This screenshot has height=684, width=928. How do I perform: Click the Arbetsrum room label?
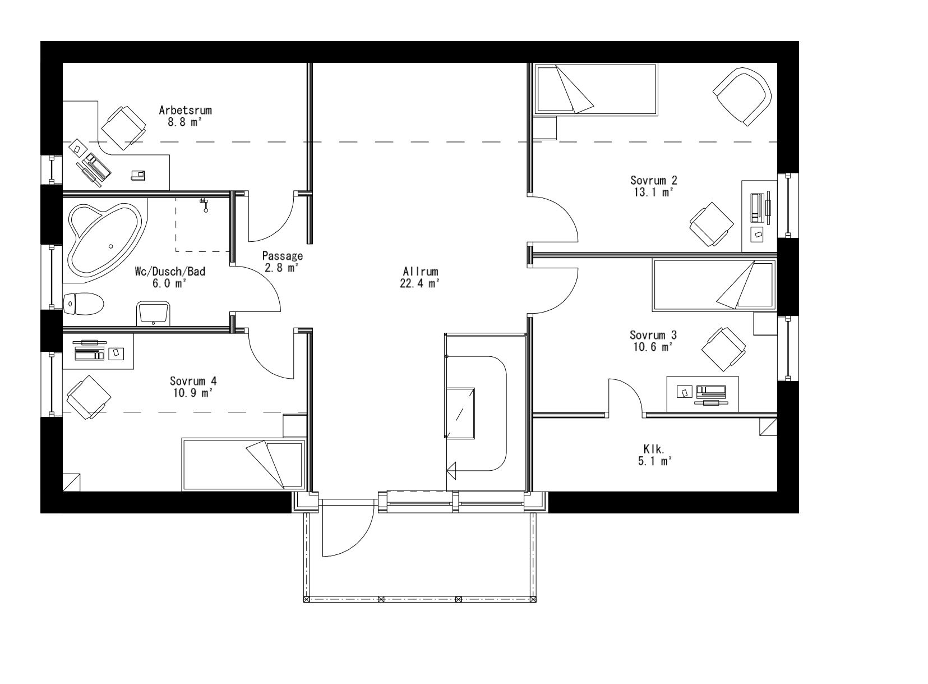pyautogui.click(x=185, y=110)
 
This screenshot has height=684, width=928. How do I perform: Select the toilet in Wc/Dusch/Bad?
pyautogui.click(x=84, y=305)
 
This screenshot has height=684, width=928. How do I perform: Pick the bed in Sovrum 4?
pyautogui.click(x=243, y=463)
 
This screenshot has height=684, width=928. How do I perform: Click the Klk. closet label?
pyautogui.click(x=654, y=449)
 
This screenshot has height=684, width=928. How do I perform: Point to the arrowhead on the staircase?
pyautogui.click(x=452, y=470)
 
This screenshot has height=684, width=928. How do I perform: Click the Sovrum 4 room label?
pyautogui.click(x=193, y=382)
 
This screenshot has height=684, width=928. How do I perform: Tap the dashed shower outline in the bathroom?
pyautogui.click(x=203, y=224)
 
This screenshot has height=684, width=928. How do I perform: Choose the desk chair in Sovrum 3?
pyautogui.click(x=724, y=349)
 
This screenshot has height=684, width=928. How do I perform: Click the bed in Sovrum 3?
pyautogui.click(x=714, y=285)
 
